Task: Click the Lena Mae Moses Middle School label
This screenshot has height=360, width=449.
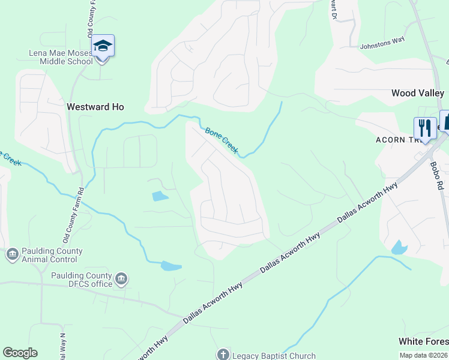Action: pos(61,56)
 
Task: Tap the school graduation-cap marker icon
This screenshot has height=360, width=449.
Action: pos(103,46)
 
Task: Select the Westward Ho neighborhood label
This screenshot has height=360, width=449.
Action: pos(95,107)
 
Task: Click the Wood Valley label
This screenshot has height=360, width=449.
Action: pos(417,93)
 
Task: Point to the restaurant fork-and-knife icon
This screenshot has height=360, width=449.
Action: pos(424,128)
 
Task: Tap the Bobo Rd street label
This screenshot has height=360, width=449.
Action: pos(437,175)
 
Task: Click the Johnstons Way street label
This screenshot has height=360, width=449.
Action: pos(382,44)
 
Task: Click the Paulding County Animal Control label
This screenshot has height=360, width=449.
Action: pos(52,255)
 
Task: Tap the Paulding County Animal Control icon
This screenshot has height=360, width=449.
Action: pos(12,255)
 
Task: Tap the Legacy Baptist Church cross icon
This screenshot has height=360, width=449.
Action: pos(223,355)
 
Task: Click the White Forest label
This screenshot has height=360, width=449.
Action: pos(423,341)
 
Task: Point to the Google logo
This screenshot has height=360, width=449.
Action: pos(20,353)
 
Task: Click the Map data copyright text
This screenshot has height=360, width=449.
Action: pos(423,355)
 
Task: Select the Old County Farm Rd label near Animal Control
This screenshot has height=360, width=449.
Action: pos(71,213)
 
